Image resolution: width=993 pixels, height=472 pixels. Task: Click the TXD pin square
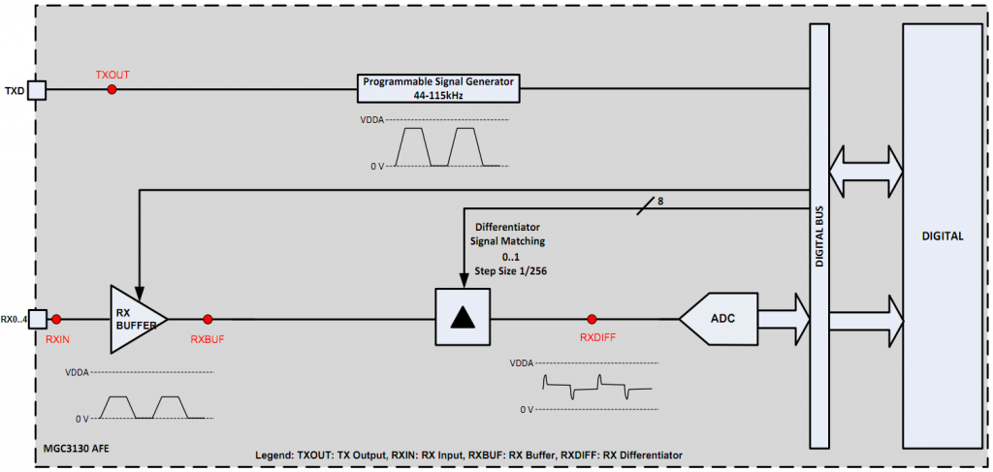(x=37, y=90)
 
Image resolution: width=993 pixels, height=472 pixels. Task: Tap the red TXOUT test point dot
(x=112, y=90)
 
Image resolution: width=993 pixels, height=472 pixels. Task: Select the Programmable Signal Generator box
(x=438, y=87)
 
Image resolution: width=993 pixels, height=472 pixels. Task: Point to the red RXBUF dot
(x=208, y=318)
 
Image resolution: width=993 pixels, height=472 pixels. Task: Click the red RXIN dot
(x=57, y=318)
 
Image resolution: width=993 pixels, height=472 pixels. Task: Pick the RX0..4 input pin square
(x=37, y=318)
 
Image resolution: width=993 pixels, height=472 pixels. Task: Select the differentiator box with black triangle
(x=463, y=318)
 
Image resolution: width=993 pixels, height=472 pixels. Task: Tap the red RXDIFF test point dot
(x=592, y=318)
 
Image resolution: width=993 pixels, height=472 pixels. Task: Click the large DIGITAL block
(x=942, y=236)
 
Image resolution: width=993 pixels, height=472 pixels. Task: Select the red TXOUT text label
(x=112, y=74)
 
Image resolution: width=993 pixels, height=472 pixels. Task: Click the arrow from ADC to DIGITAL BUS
(x=783, y=318)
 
